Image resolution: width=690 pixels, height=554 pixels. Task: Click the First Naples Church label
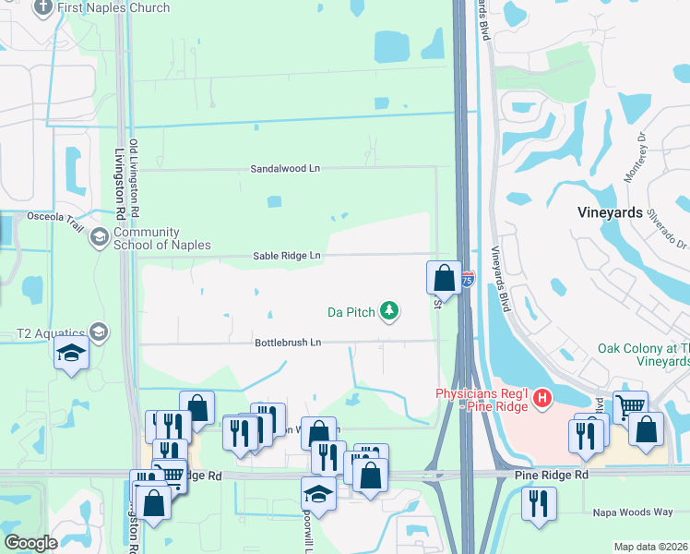coord(113,7)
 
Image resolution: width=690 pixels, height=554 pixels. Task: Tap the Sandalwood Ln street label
coord(285,169)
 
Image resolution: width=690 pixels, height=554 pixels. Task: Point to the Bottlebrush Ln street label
coord(288,343)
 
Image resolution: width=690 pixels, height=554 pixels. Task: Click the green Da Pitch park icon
coord(389,312)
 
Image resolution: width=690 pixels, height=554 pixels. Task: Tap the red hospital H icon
coord(542,398)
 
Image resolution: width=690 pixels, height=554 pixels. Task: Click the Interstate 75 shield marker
coord(468,277)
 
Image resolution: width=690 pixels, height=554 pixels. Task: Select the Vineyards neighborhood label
coord(610,211)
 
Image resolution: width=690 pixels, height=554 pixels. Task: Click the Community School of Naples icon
coord(98,238)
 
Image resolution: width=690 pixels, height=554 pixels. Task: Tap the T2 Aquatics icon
coord(98,333)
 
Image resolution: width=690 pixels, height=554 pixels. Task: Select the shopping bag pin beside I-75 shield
coord(444,277)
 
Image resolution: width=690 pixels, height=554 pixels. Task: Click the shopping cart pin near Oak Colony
coord(630,405)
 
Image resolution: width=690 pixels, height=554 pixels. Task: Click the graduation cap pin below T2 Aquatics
coord(71,354)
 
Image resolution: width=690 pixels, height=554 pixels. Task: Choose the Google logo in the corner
coord(31,543)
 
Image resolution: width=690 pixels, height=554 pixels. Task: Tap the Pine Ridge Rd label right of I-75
coord(551,474)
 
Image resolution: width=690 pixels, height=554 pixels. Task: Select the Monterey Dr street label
coord(642,151)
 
